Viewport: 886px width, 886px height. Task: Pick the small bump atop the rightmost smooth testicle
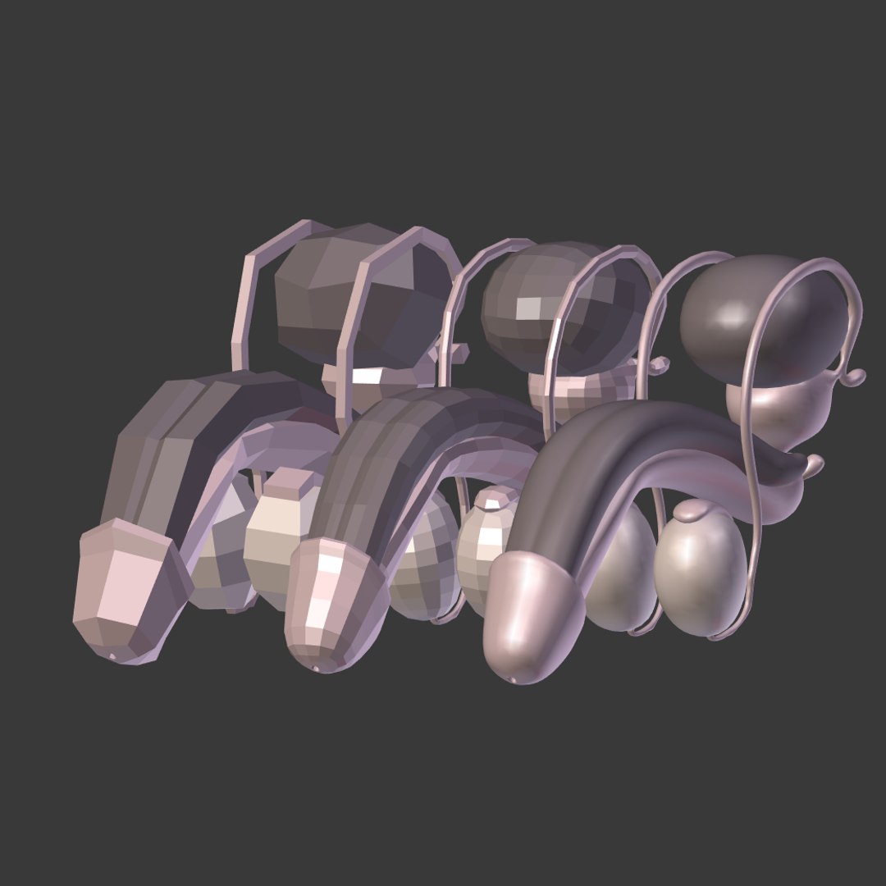coord(693,513)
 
